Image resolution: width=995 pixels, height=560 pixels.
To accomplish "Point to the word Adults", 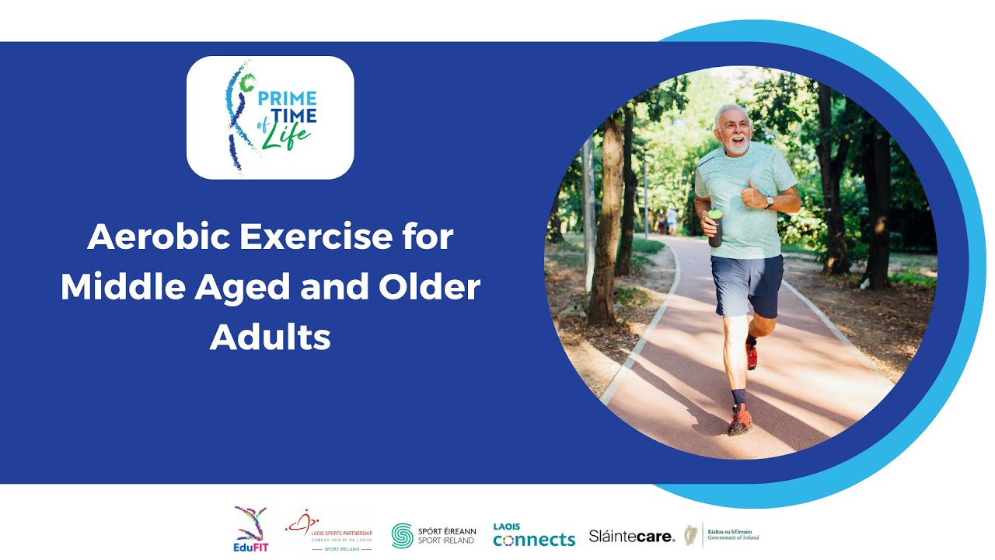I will (x=270, y=338).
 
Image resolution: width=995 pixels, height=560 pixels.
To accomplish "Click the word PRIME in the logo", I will (x=287, y=99).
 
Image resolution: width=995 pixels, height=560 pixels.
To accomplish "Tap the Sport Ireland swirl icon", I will (x=402, y=535).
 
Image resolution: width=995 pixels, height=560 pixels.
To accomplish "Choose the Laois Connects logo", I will (x=533, y=535).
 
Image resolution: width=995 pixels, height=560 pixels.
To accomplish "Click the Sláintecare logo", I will (x=631, y=536).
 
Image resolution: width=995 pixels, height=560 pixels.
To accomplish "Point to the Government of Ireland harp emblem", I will (x=690, y=535).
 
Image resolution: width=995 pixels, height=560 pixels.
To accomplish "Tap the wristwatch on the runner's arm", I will (x=769, y=201).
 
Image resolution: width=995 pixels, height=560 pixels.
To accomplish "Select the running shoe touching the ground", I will (x=739, y=421).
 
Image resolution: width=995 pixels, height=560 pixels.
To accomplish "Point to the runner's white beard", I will (x=737, y=145).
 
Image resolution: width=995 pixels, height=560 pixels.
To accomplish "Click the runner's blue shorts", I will (x=746, y=284).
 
